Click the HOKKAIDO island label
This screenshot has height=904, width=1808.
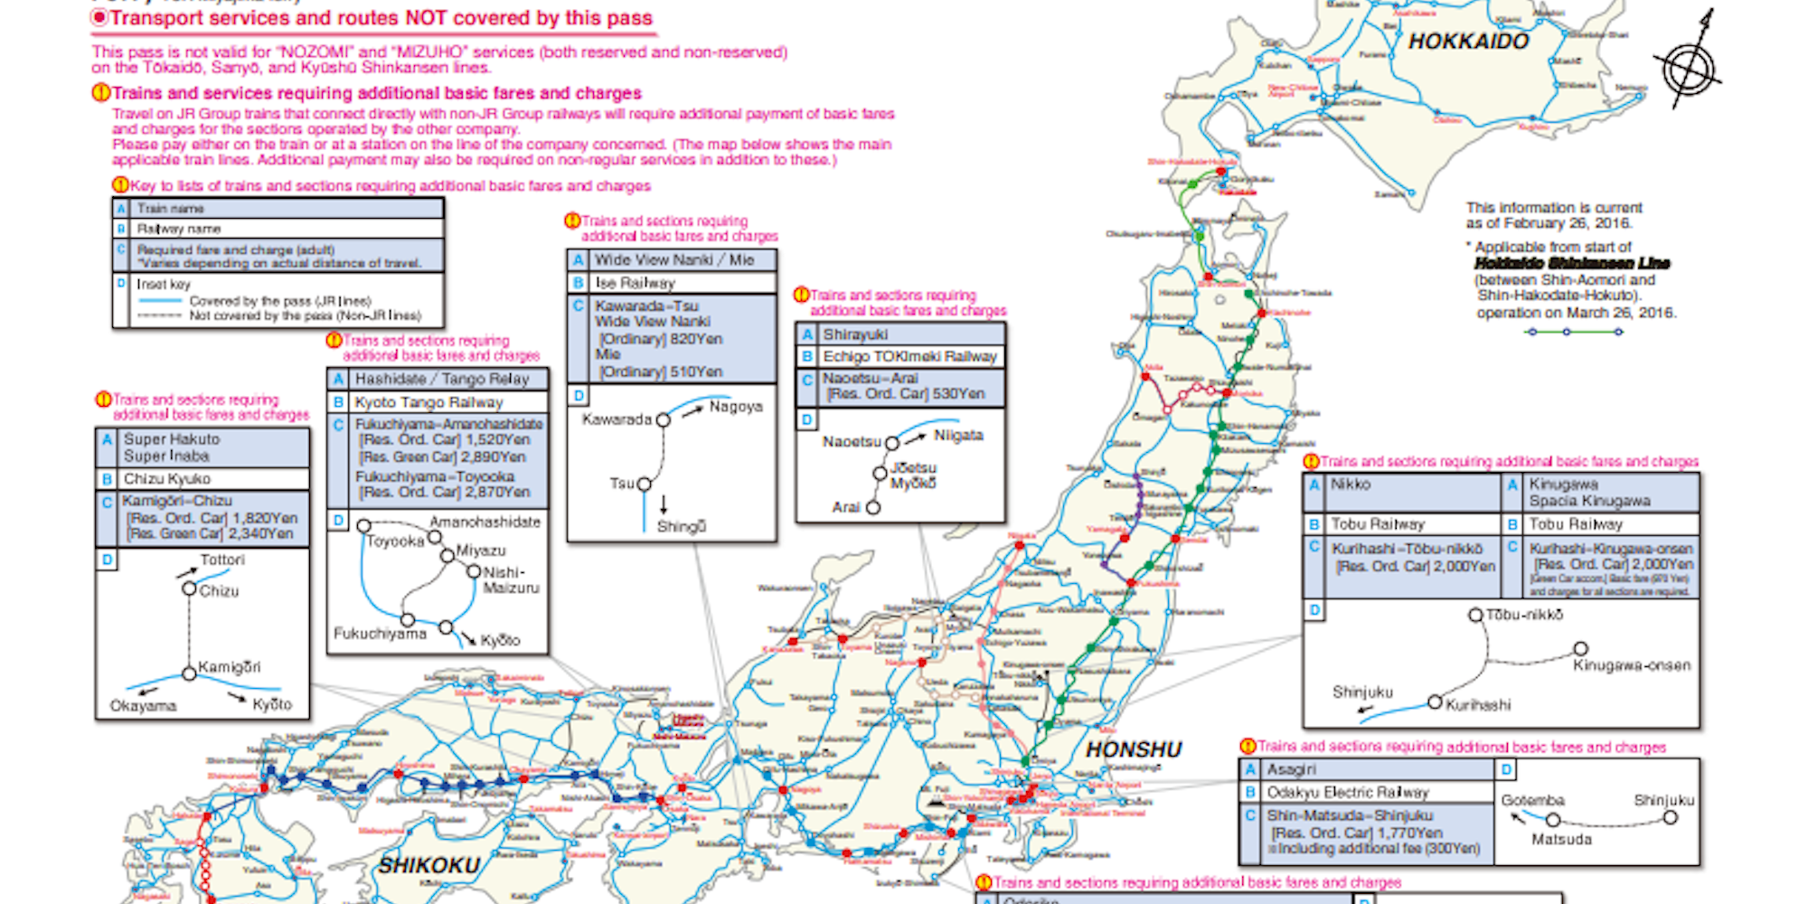(x=1468, y=41)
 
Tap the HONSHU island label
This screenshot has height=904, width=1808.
(x=1134, y=749)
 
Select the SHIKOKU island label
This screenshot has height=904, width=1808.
(x=428, y=865)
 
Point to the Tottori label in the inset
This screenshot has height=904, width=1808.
(x=222, y=560)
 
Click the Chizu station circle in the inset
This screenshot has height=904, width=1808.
(x=189, y=589)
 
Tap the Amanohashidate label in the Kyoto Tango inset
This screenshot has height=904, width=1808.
(x=485, y=523)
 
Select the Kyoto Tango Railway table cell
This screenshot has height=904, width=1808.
(x=428, y=402)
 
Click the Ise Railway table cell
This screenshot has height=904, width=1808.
(x=635, y=283)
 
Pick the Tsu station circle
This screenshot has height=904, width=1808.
(x=645, y=485)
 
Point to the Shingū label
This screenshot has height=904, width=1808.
(x=682, y=527)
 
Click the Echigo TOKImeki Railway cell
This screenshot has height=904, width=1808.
(x=909, y=356)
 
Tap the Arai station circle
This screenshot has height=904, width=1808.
(x=873, y=508)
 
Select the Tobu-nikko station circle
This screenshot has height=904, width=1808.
(x=1475, y=616)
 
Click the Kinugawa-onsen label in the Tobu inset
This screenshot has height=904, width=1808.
(x=1631, y=666)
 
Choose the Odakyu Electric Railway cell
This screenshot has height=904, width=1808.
(x=1347, y=792)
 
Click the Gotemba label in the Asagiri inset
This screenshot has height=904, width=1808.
(x=1532, y=800)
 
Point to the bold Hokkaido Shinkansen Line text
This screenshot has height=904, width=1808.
(x=1572, y=263)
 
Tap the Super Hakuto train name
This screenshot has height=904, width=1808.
(x=172, y=439)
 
